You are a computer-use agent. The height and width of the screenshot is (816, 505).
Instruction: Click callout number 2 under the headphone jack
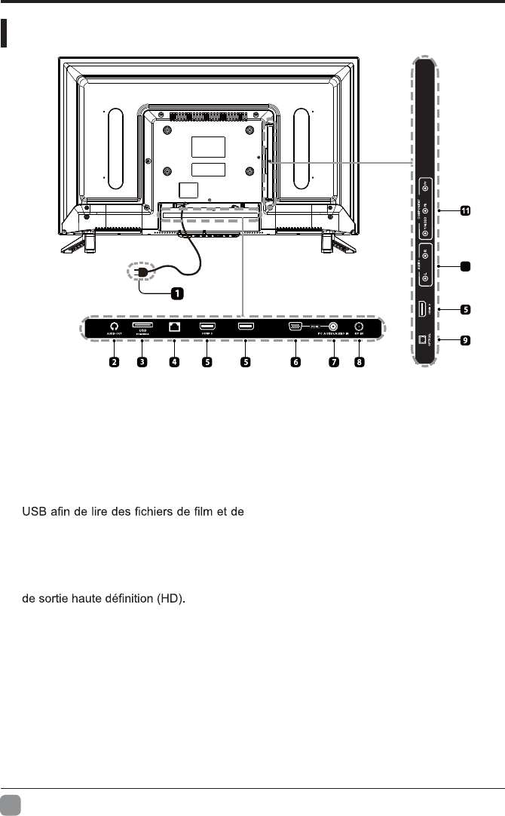(115, 362)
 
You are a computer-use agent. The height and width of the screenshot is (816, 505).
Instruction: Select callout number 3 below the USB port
(142, 362)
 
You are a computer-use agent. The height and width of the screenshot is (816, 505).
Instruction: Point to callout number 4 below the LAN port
(174, 362)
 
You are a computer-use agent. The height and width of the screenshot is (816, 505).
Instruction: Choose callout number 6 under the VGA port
(295, 362)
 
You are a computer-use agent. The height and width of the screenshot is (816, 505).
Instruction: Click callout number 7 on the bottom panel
(332, 362)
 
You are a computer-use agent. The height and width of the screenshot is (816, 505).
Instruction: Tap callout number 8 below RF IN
(360, 362)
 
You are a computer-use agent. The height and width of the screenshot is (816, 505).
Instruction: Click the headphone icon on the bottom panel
(114, 327)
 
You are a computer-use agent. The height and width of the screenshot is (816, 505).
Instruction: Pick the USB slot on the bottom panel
(142, 326)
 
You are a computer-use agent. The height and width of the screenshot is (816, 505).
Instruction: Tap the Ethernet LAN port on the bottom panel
(174, 327)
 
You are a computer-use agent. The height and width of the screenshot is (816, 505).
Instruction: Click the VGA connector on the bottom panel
(295, 327)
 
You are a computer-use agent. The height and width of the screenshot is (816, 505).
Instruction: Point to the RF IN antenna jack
(360, 327)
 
